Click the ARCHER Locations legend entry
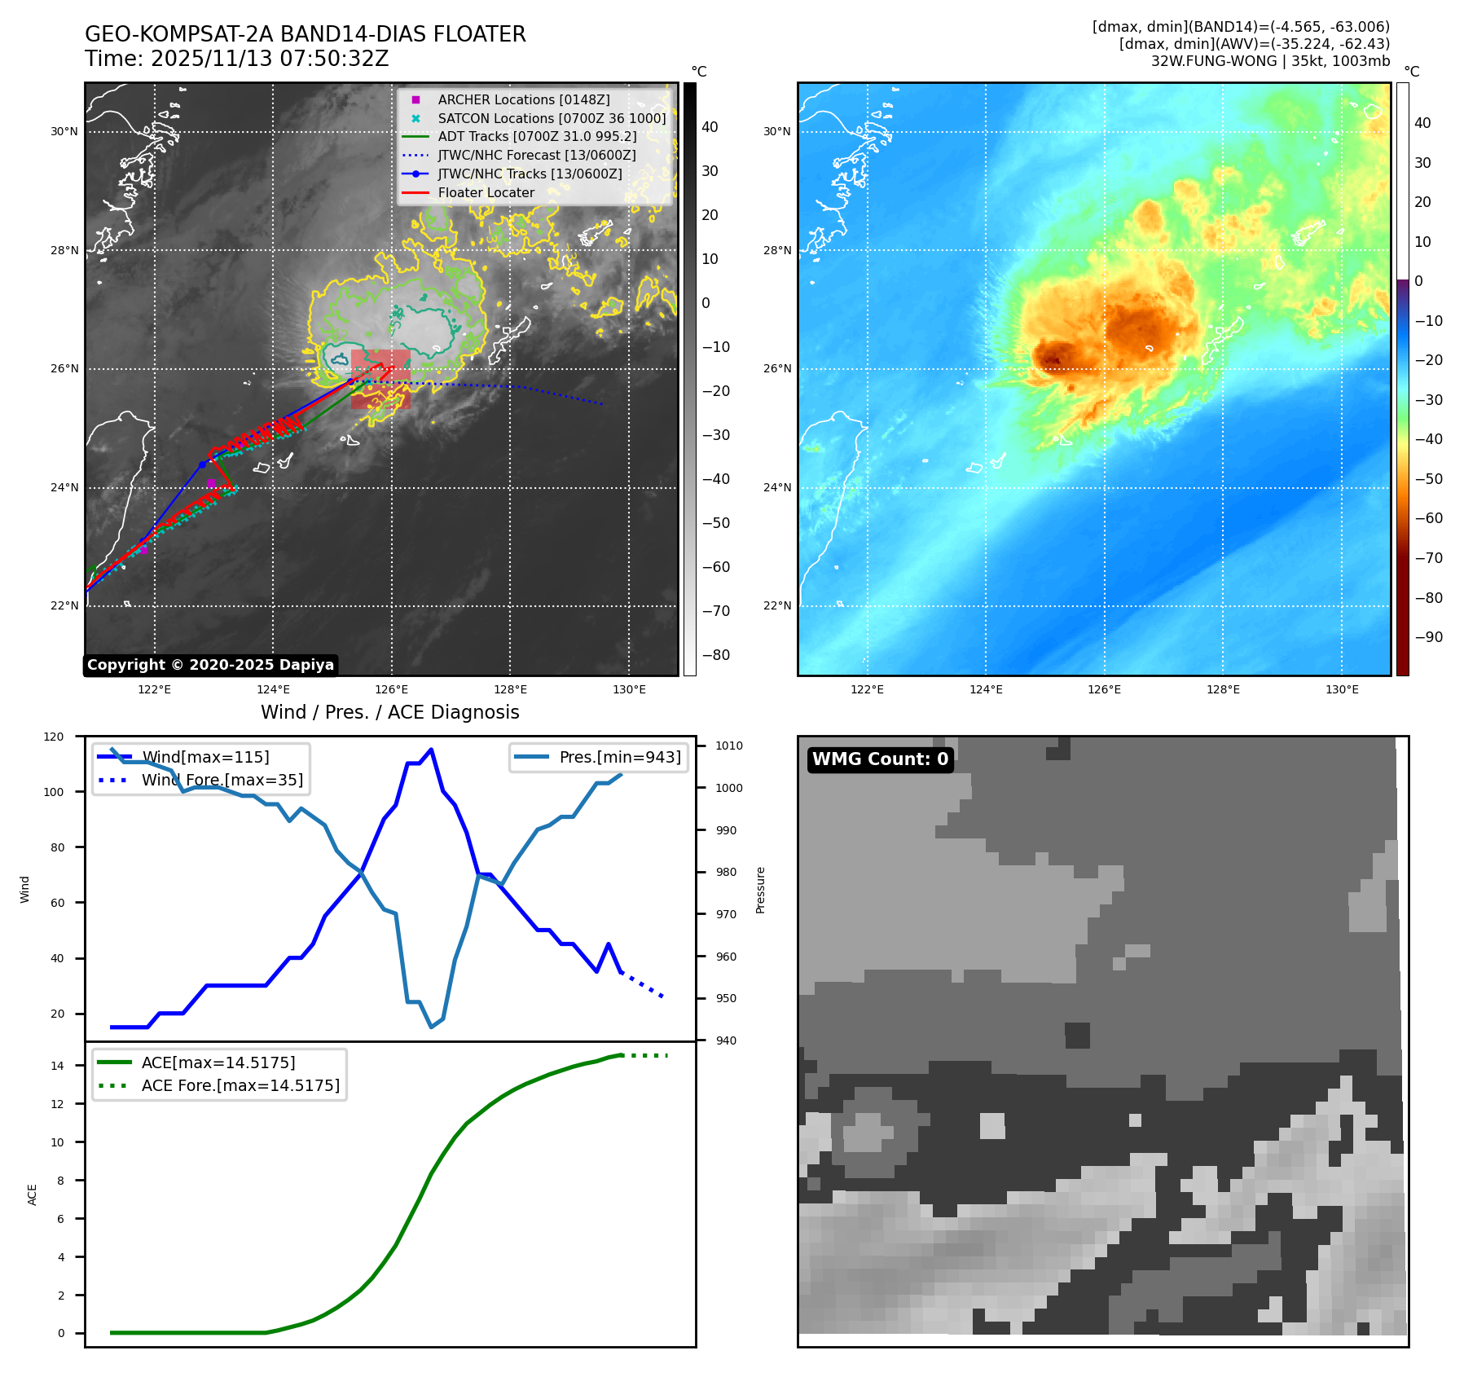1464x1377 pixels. pyautogui.click(x=523, y=99)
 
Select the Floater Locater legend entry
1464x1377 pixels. pyautogui.click(x=486, y=193)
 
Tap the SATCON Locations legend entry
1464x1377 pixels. pyautogui.click(x=552, y=118)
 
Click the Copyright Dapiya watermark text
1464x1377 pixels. pyautogui.click(x=210, y=665)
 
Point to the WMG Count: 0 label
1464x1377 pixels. pyautogui.click(x=880, y=759)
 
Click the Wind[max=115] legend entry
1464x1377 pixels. pyautogui.click(x=205, y=757)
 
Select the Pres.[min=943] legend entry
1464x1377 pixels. pyautogui.click(x=619, y=757)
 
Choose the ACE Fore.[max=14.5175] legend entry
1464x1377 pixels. pyautogui.click(x=240, y=1085)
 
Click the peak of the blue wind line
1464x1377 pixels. pyautogui.click(x=431, y=750)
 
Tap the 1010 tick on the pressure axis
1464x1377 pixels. pyautogui.click(x=728, y=746)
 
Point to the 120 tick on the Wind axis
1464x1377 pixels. pyautogui.click(x=54, y=737)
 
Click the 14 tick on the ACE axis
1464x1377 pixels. pyautogui.click(x=57, y=1066)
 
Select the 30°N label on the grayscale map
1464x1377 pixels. pyautogui.click(x=64, y=132)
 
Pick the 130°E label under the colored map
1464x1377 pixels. pyautogui.click(x=1342, y=690)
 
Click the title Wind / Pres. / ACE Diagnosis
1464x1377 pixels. pyautogui.click(x=389, y=712)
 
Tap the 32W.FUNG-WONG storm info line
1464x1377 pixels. pyautogui.click(x=1270, y=61)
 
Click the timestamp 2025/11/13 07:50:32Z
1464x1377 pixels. pyautogui.click(x=270, y=59)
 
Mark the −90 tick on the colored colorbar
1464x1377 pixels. pyautogui.click(x=1428, y=637)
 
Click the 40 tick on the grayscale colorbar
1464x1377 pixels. pyautogui.click(x=710, y=127)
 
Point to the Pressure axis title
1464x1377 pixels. pyautogui.click(x=760, y=890)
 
